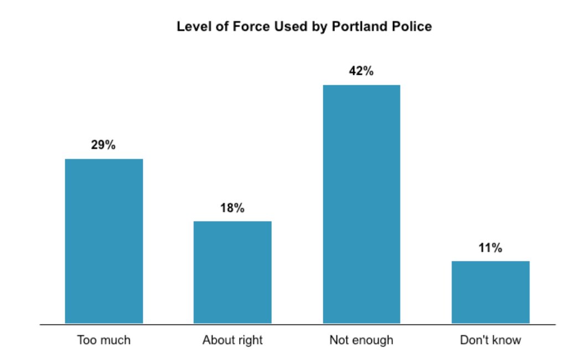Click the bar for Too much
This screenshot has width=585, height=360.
(104, 241)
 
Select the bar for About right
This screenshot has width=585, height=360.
(232, 272)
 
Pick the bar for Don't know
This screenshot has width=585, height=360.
(490, 292)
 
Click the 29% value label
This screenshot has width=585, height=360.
(103, 145)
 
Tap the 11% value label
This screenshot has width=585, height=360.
(490, 248)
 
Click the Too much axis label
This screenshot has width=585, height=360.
(104, 340)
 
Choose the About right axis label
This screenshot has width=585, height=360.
(232, 340)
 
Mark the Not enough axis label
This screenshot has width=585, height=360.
(361, 340)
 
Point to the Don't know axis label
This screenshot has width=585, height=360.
(490, 340)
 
